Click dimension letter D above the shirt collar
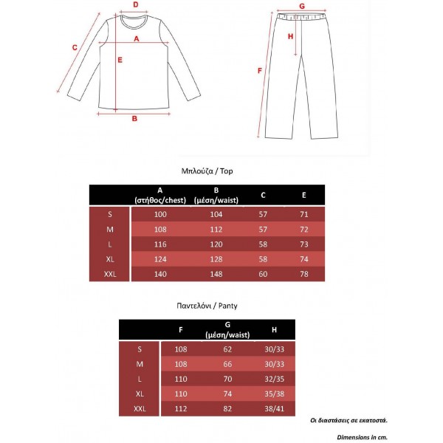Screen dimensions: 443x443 coord(135,4)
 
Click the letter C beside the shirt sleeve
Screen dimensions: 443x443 coord(75,47)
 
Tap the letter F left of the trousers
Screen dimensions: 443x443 coord(259,71)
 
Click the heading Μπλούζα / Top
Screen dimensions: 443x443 coord(207,171)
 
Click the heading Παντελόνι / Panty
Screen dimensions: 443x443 coord(207,304)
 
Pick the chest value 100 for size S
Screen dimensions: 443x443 coord(160,214)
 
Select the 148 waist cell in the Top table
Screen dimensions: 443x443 coord(216,275)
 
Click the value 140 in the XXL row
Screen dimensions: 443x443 coord(160,275)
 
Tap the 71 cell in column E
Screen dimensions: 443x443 coord(303,214)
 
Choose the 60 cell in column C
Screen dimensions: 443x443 coord(264,275)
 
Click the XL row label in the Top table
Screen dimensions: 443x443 coord(110,259)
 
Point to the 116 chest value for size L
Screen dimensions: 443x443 coord(160,244)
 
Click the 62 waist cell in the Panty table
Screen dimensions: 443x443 coord(228,349)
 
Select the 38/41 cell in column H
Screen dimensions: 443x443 coord(275,408)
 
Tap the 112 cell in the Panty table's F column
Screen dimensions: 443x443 coord(181,408)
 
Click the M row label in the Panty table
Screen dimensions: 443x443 coord(140,364)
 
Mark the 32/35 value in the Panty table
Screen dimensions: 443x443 coord(275,379)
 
